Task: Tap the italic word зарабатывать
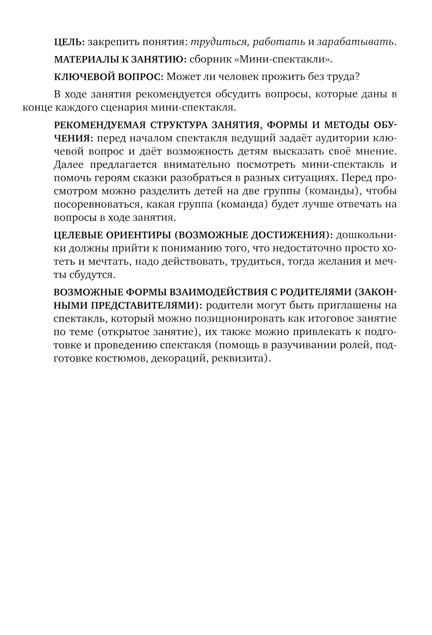tap(356, 42)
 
